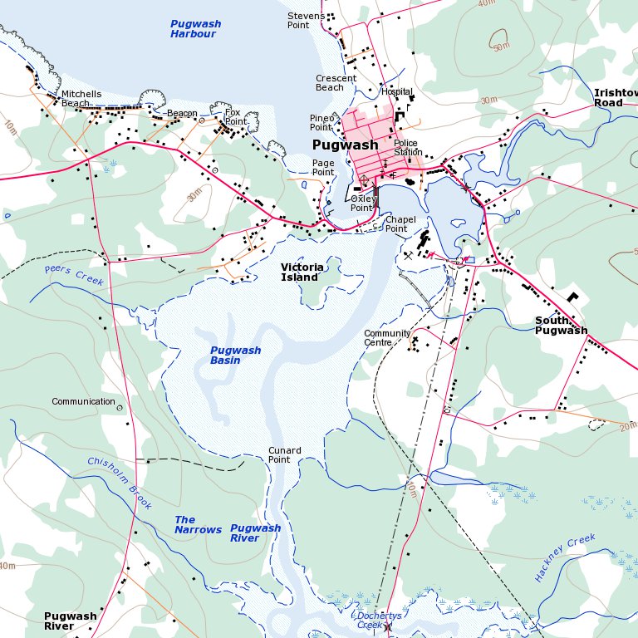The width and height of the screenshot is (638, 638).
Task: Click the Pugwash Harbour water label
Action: (195, 29)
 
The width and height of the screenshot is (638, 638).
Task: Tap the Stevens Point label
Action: (305, 21)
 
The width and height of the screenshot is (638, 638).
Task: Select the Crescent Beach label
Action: (336, 83)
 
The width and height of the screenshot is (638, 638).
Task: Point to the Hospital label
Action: (397, 92)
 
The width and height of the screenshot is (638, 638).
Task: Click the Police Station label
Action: (408, 148)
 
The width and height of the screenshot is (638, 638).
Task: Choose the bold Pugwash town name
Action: (345, 145)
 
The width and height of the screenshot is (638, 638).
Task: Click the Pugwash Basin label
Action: (236, 356)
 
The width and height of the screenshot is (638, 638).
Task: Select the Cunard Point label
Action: (284, 455)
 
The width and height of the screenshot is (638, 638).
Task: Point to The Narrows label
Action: (198, 525)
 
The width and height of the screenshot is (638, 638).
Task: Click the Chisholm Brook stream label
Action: (120, 483)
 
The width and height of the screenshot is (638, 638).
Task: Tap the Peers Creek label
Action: (75, 276)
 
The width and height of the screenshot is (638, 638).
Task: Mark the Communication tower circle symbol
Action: (120, 408)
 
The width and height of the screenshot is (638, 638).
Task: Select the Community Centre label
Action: (387, 338)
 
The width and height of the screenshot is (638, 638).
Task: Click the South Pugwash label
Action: (561, 326)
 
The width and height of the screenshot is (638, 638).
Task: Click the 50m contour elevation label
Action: (501, 47)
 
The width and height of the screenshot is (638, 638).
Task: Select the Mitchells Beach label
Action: (81, 99)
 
